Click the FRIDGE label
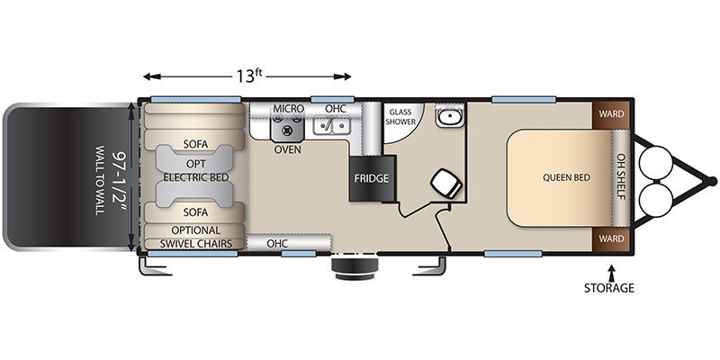pyautogui.click(x=371, y=178)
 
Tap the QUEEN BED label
pyautogui.click(x=566, y=177)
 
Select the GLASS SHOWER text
pyautogui.click(x=400, y=117)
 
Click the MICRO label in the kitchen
pyautogui.click(x=288, y=109)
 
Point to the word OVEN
pyautogui.click(x=287, y=149)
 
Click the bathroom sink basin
pyautogui.click(x=449, y=117)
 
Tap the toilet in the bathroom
pyautogui.click(x=446, y=183)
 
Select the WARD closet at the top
pyautogui.click(x=611, y=113)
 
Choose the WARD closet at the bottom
pyautogui.click(x=611, y=238)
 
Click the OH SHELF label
pyautogui.click(x=621, y=176)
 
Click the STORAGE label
pyautogui.click(x=609, y=288)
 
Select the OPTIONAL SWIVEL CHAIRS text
pyautogui.click(x=195, y=237)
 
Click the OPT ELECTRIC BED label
pyautogui.click(x=196, y=171)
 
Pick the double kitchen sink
pyautogui.click(x=331, y=125)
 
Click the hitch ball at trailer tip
pyautogui.click(x=712, y=182)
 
